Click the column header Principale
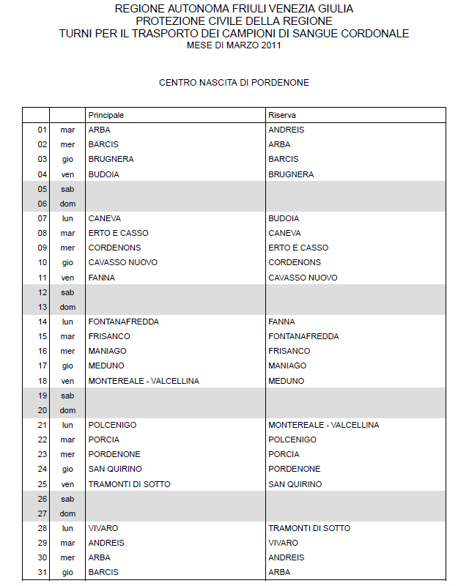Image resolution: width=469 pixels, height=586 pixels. click(106, 116)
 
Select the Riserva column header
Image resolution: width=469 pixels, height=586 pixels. click(282, 116)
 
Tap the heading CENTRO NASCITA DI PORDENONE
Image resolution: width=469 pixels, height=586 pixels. click(234, 83)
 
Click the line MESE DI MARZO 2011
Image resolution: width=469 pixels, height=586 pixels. click(234, 45)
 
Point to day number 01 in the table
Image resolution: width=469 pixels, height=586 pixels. click(42, 130)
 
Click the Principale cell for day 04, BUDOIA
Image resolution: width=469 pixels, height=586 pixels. click(104, 174)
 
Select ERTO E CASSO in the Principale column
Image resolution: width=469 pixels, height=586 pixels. click(118, 233)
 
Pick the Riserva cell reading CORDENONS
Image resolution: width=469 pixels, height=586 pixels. click(295, 262)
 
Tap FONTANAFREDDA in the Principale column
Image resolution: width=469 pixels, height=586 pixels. click(124, 322)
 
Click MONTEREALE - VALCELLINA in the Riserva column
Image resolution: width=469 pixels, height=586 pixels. click(323, 425)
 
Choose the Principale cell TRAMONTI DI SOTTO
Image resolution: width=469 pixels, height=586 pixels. click(130, 484)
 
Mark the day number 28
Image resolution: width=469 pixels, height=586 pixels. click(42, 528)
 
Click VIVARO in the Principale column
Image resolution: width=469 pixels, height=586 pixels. click(103, 528)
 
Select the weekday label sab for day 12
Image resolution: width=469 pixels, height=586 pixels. click(67, 292)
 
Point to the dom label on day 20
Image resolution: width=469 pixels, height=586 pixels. click(67, 410)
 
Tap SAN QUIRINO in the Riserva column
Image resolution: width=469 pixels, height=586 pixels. click(295, 484)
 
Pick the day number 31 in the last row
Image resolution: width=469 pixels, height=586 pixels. click(42, 572)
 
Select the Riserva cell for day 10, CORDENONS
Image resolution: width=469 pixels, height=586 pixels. click(295, 262)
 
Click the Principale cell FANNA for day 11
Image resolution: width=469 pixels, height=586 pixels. click(101, 278)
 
